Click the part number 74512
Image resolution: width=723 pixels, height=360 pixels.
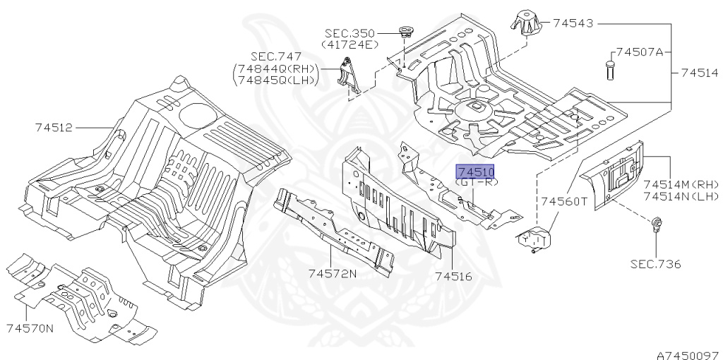point(53,128)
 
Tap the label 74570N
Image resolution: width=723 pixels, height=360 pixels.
point(30,328)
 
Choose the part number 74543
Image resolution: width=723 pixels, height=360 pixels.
point(573,23)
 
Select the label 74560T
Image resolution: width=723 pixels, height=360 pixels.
point(564,201)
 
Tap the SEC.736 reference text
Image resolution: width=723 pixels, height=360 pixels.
point(655,265)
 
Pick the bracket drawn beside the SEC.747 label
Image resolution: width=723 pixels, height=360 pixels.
point(349,77)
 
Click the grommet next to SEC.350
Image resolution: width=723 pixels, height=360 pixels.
point(405,32)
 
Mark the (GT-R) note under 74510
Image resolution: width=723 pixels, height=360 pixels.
point(477,182)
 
